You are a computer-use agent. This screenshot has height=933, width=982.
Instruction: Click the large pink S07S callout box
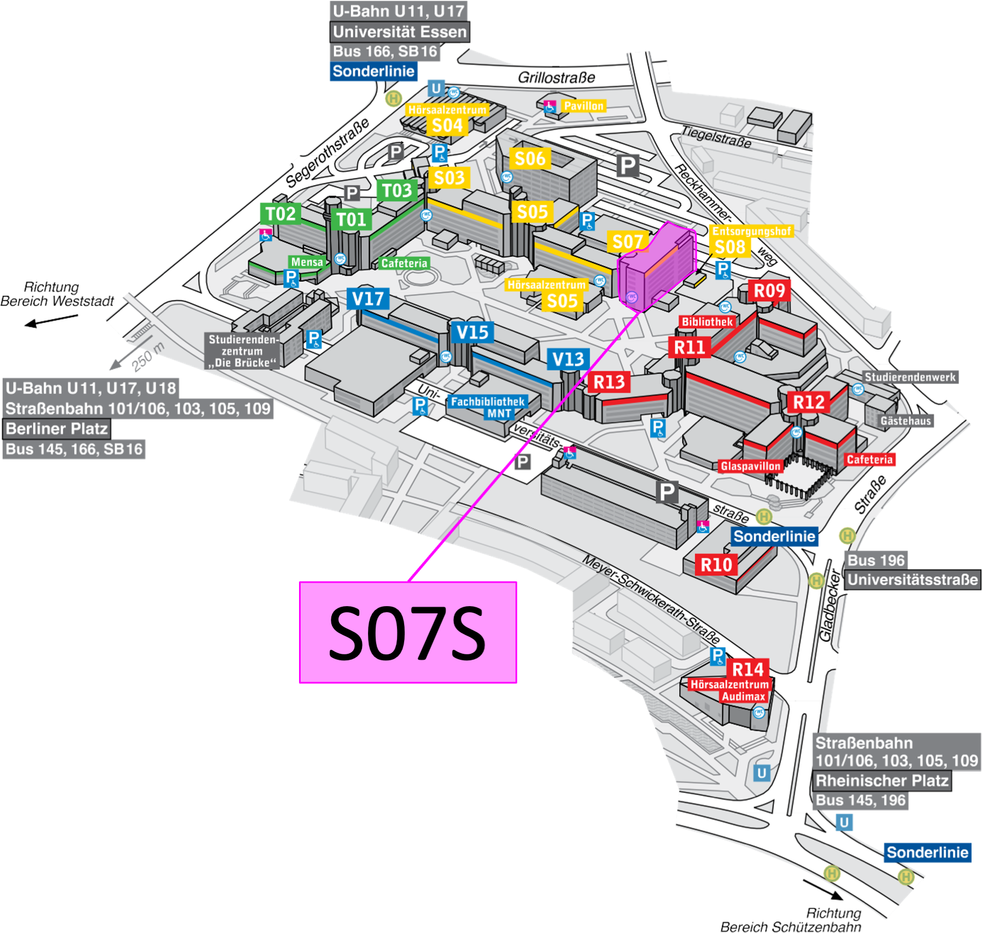click(407, 632)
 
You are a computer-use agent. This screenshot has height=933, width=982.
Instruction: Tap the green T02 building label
click(280, 214)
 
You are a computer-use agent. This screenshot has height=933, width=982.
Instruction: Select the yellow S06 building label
click(530, 159)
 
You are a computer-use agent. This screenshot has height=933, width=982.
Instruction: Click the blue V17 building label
click(368, 299)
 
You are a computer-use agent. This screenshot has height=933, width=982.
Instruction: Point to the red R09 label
click(769, 290)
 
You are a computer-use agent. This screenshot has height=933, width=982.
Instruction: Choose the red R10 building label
click(716, 565)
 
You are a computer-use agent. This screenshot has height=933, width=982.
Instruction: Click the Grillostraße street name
click(556, 78)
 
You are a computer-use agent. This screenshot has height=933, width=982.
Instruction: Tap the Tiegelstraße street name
click(716, 136)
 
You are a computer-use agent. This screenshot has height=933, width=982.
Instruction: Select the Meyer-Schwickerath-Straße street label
click(651, 599)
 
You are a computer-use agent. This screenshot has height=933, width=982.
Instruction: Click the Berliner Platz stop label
click(57, 429)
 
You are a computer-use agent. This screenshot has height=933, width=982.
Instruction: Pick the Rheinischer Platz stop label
click(882, 780)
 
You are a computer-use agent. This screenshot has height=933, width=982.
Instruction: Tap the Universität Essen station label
click(400, 32)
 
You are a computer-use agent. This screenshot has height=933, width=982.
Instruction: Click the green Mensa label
click(307, 262)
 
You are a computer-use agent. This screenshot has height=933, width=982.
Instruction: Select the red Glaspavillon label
click(750, 466)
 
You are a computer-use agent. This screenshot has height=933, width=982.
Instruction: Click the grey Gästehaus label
click(905, 421)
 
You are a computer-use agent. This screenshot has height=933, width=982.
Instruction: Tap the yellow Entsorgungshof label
click(751, 231)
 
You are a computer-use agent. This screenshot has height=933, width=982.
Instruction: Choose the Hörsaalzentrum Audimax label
click(730, 690)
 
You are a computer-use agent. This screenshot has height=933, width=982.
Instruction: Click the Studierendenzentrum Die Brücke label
click(242, 351)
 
